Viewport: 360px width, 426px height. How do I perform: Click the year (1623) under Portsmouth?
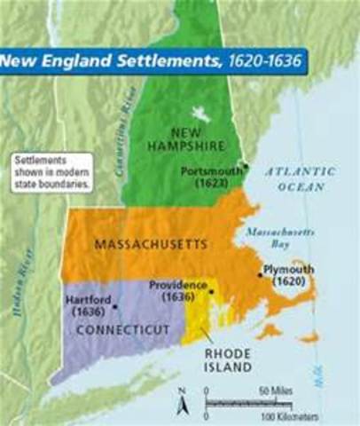pyautogui.click(x=213, y=183)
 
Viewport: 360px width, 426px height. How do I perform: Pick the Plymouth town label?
pyautogui.click(x=288, y=267)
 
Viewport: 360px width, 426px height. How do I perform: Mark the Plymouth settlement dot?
pyautogui.click(x=260, y=274)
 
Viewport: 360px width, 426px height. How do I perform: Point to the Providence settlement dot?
pyautogui.click(x=212, y=290)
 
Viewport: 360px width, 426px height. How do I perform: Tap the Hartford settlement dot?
pyautogui.click(x=116, y=306)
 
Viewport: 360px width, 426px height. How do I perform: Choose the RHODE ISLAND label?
pyautogui.click(x=226, y=356)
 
